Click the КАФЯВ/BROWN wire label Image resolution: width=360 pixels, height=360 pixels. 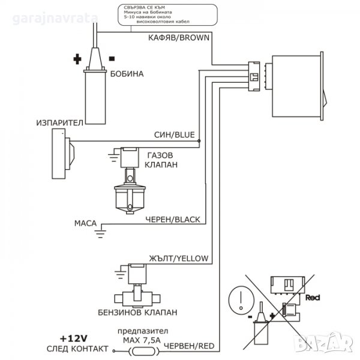179,38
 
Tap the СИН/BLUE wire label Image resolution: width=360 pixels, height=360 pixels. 175,134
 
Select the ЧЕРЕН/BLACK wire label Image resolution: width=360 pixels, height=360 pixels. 173,220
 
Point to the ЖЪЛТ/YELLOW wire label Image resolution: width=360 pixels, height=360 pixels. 179,259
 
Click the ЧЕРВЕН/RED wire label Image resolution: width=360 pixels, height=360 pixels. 190,346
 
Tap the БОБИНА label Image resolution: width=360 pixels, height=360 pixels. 127,74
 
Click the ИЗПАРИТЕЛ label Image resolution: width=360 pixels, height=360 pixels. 59,123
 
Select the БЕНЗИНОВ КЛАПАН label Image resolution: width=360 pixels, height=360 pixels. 137,313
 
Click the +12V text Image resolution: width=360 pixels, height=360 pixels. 73,338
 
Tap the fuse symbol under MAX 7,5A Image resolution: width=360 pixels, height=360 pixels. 144,351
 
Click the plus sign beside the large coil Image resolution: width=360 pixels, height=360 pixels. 77,59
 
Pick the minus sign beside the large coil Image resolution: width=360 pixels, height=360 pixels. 112,59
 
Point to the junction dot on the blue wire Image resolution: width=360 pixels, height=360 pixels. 199,141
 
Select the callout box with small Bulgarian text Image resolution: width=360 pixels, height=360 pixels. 167,14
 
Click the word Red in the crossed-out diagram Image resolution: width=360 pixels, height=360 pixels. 313,298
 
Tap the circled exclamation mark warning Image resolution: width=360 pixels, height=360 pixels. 241,300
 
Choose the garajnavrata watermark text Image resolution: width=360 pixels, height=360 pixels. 55,19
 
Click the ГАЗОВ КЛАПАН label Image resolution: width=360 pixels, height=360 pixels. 161,160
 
